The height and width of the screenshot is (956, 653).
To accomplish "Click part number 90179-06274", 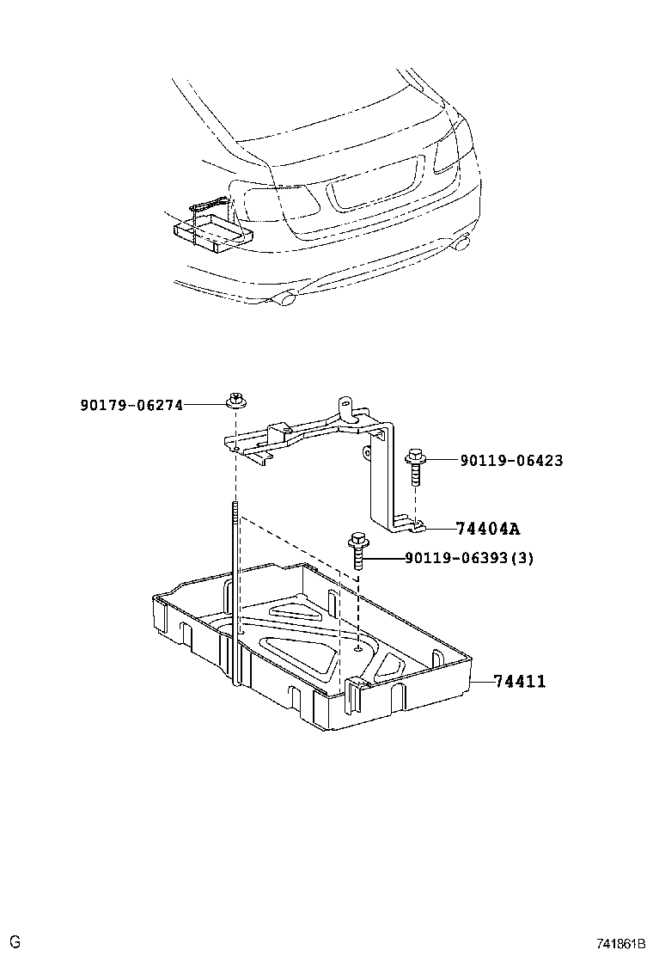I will coord(131,404).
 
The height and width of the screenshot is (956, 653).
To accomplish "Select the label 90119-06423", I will coord(510,461).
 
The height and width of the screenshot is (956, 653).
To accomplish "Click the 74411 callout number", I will coord(520,682).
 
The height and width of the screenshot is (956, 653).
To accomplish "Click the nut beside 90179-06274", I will coord(235,401).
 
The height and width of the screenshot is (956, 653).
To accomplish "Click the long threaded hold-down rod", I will coord(234,593).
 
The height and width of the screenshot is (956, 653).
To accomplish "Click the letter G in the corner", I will coord(15,942).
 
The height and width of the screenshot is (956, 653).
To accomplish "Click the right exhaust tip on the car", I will coord(462,243).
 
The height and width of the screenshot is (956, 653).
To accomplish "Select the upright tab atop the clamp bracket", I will coord(346,405).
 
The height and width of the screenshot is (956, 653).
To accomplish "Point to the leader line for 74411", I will coord(481,682).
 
